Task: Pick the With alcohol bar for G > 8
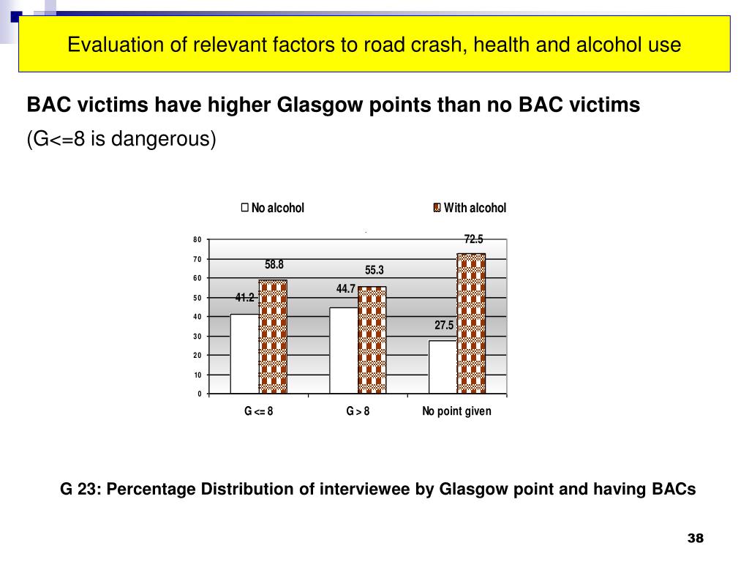click(372, 340)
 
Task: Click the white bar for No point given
click(443, 367)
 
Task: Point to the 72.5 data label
click(473, 239)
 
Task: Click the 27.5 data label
click(445, 326)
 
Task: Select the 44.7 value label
click(345, 289)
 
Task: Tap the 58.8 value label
click(274, 265)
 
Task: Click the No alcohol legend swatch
click(245, 208)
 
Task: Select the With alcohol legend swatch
click(437, 208)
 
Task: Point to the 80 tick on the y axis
click(197, 240)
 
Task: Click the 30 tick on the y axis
click(197, 337)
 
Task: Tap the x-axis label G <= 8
click(259, 411)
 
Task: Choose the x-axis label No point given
click(456, 411)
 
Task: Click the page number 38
click(695, 539)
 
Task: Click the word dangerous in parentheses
click(170, 139)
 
